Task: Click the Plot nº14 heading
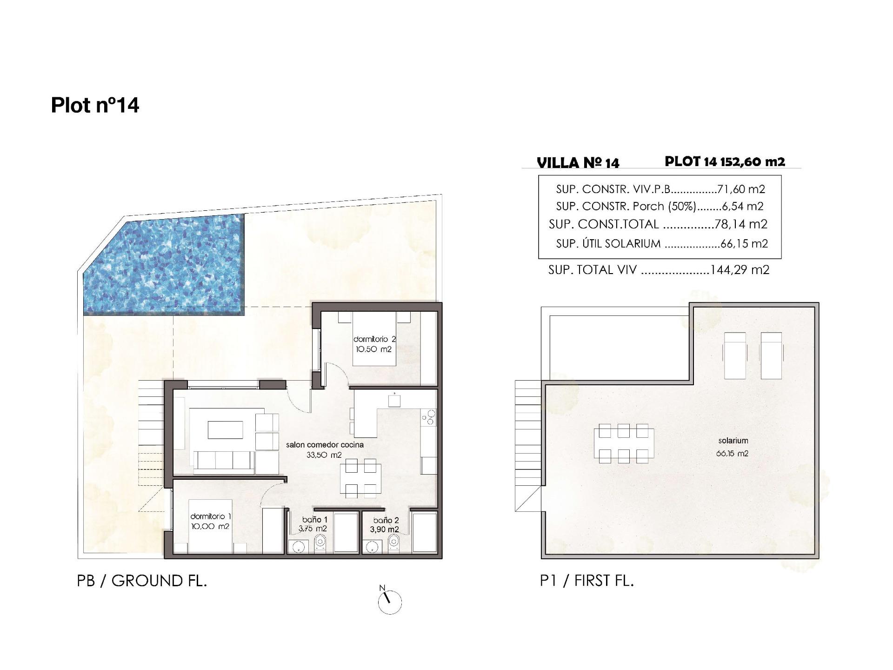(95, 105)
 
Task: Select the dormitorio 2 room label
(374, 344)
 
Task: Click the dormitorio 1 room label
(210, 521)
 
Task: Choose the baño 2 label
(386, 525)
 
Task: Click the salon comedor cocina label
(325, 449)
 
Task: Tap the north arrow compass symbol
(390, 602)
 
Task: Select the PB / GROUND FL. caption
(142, 581)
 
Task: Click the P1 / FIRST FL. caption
(587, 581)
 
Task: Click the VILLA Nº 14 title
(578, 163)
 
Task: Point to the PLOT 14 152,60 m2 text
(725, 161)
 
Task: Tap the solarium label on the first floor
(733, 441)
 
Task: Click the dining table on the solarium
(624, 443)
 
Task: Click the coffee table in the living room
(225, 429)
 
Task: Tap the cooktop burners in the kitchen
(429, 417)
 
